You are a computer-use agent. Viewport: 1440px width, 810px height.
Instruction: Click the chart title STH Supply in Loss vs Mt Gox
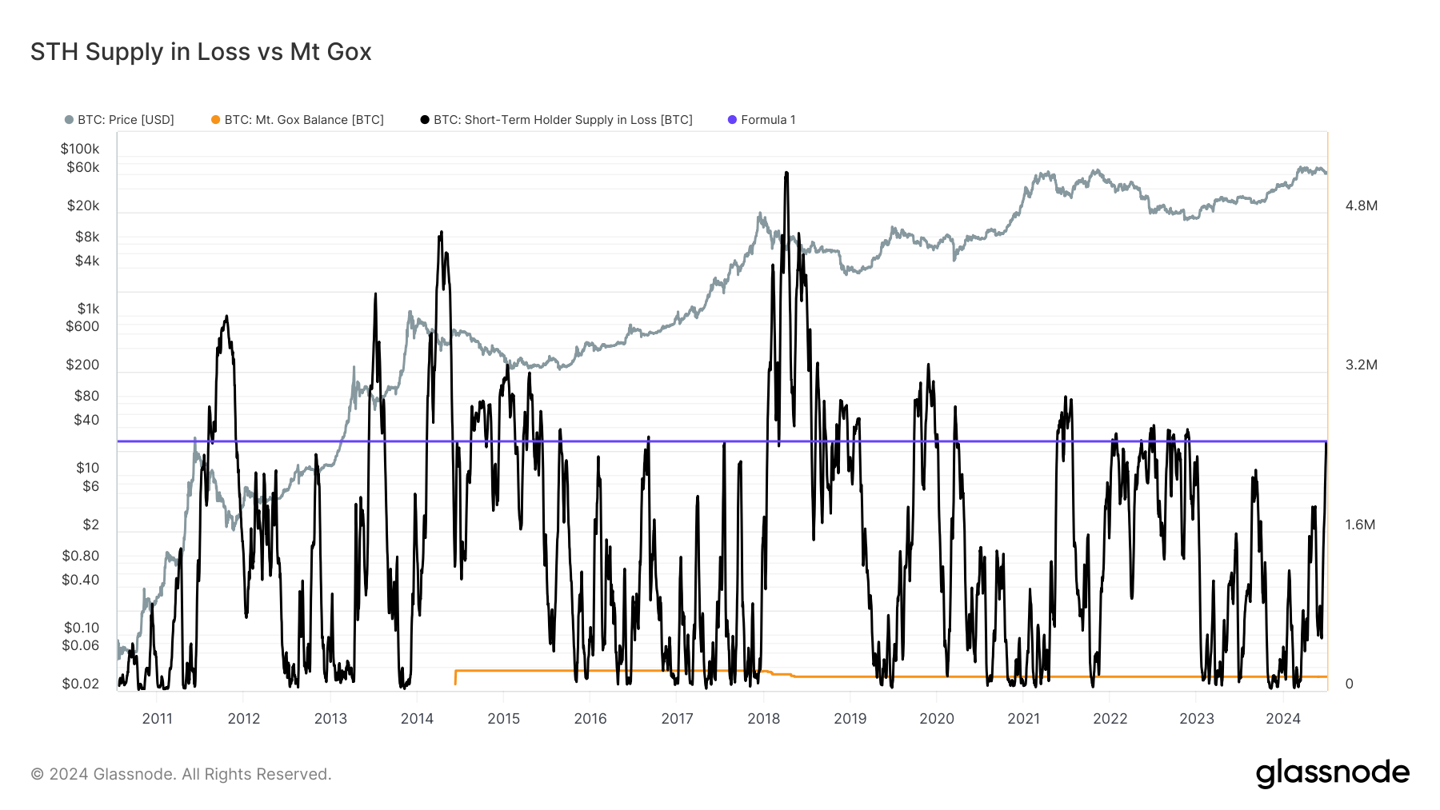[x=201, y=52]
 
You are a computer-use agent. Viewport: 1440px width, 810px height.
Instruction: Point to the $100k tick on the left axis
[x=80, y=149]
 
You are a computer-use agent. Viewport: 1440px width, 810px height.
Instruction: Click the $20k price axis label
[x=83, y=205]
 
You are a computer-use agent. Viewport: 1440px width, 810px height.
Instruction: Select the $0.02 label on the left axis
[x=81, y=684]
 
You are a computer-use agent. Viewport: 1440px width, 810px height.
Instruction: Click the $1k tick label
[x=88, y=309]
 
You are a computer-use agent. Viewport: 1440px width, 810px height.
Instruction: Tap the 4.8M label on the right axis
[x=1361, y=205]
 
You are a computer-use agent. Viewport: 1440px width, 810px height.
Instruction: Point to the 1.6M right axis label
[x=1360, y=525]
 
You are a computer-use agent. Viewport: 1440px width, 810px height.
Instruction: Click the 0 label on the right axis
[x=1349, y=684]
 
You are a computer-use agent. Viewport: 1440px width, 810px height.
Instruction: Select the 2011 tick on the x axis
[x=158, y=719]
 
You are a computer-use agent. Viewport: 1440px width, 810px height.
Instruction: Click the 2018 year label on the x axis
[x=763, y=719]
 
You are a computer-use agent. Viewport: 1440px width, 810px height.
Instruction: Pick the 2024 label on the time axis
[x=1282, y=719]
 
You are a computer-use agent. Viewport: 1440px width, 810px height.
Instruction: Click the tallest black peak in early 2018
[x=786, y=173]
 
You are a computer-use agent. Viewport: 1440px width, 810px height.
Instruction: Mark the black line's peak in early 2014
[x=441, y=233]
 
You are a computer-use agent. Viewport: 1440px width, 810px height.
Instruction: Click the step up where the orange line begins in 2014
[x=456, y=672]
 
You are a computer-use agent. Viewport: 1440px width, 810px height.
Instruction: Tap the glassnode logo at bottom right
[x=1332, y=773]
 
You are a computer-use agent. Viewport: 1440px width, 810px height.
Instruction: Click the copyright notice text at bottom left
[x=181, y=774]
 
